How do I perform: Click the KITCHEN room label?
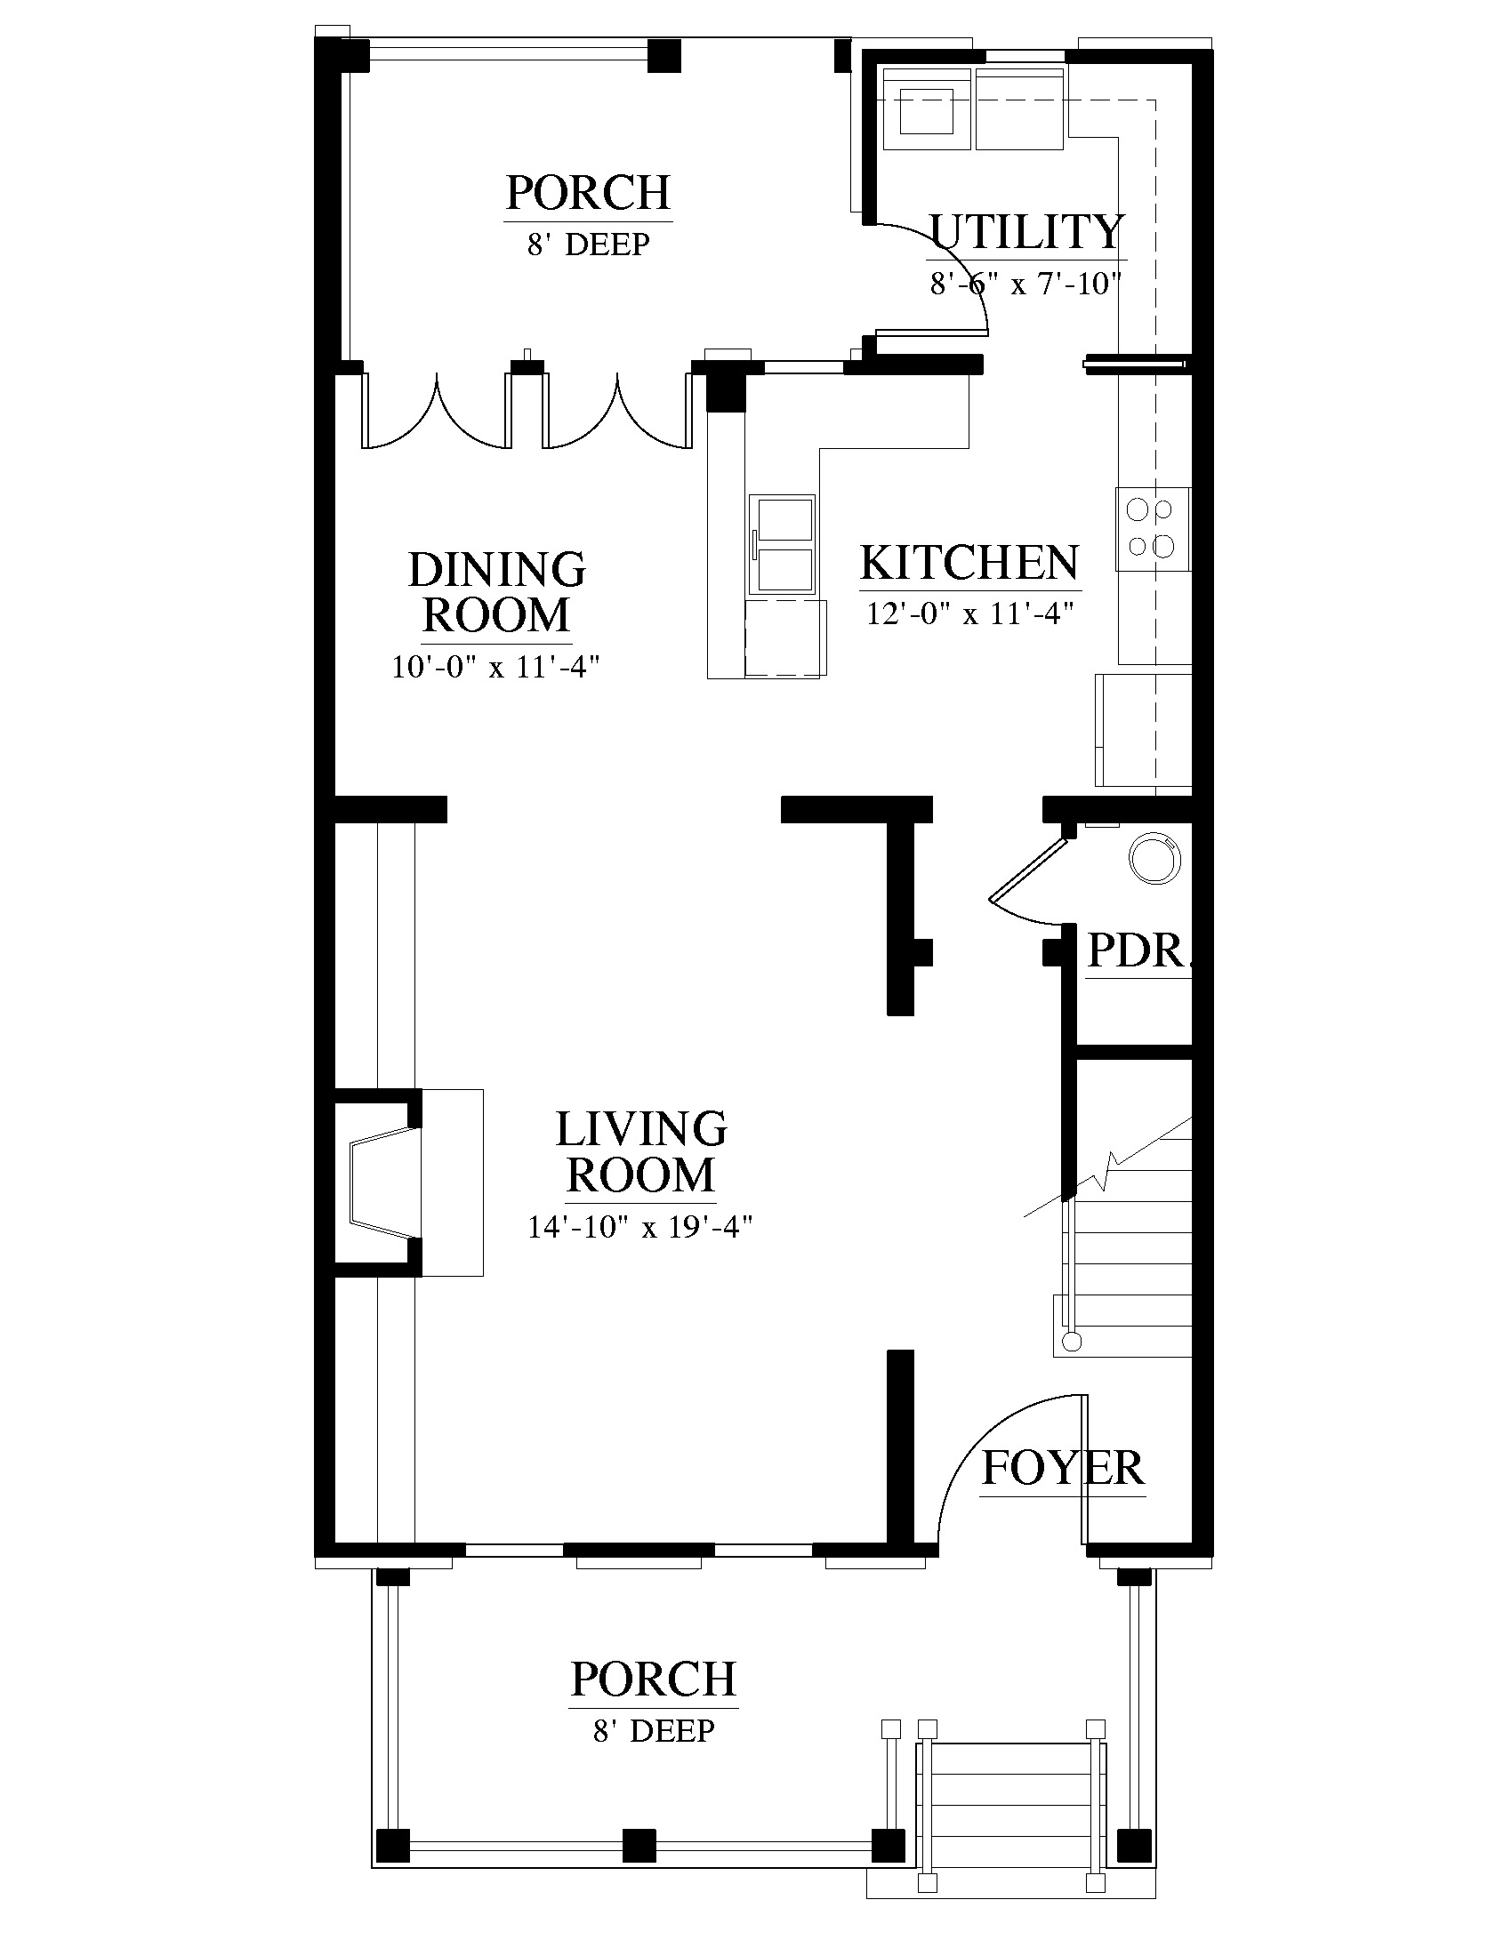point(969,564)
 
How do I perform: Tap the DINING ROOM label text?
point(497,592)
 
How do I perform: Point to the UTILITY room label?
point(1026,232)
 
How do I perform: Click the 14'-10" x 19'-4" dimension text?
point(639,1226)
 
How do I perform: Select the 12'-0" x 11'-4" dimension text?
point(970,614)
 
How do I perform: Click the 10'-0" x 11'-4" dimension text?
point(495,667)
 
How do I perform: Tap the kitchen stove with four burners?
point(1153,528)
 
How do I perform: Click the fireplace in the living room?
point(407,1182)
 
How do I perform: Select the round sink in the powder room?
point(1154,860)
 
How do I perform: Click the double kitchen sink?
point(784,544)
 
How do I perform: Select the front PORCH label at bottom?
point(654,1679)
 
